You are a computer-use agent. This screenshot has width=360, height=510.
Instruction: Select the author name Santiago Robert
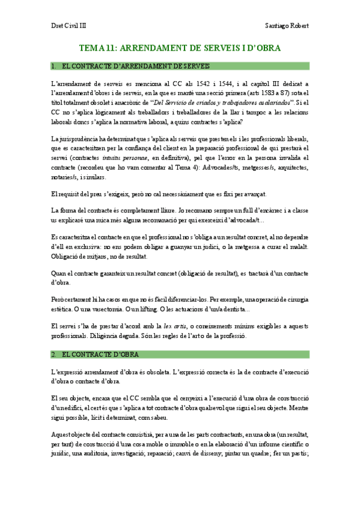click(287, 26)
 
